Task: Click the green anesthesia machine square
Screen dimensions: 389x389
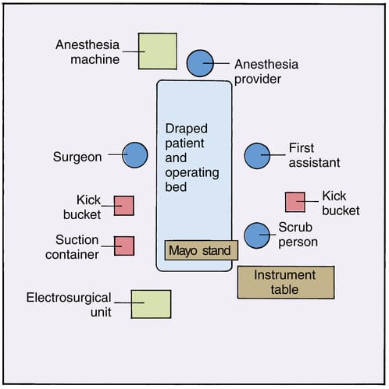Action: click(157, 51)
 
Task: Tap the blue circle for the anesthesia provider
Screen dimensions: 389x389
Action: click(200, 63)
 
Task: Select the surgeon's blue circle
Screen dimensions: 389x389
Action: click(135, 155)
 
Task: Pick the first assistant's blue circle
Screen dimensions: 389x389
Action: click(256, 155)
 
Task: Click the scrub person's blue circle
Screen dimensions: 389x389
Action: click(256, 235)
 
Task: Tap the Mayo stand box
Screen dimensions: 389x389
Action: click(201, 250)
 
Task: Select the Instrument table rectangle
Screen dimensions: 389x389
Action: click(285, 282)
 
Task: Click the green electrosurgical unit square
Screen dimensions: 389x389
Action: click(151, 303)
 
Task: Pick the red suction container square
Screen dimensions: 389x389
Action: click(124, 246)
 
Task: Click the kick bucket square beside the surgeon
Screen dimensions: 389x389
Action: click(124, 205)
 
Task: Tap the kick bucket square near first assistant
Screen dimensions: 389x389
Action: click(294, 202)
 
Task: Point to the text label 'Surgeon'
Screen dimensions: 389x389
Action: click(77, 157)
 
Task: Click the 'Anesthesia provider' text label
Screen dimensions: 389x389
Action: click(266, 71)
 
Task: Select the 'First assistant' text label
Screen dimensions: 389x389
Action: click(314, 155)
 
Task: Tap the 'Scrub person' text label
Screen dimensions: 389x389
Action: click(299, 235)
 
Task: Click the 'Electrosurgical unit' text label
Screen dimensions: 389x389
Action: click(69, 304)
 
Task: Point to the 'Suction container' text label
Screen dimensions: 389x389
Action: click(77, 246)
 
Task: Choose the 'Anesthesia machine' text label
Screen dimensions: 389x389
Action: click(87, 51)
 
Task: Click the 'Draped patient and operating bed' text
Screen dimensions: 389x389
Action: click(193, 157)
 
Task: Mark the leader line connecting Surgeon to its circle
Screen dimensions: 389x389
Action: click(114, 155)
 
